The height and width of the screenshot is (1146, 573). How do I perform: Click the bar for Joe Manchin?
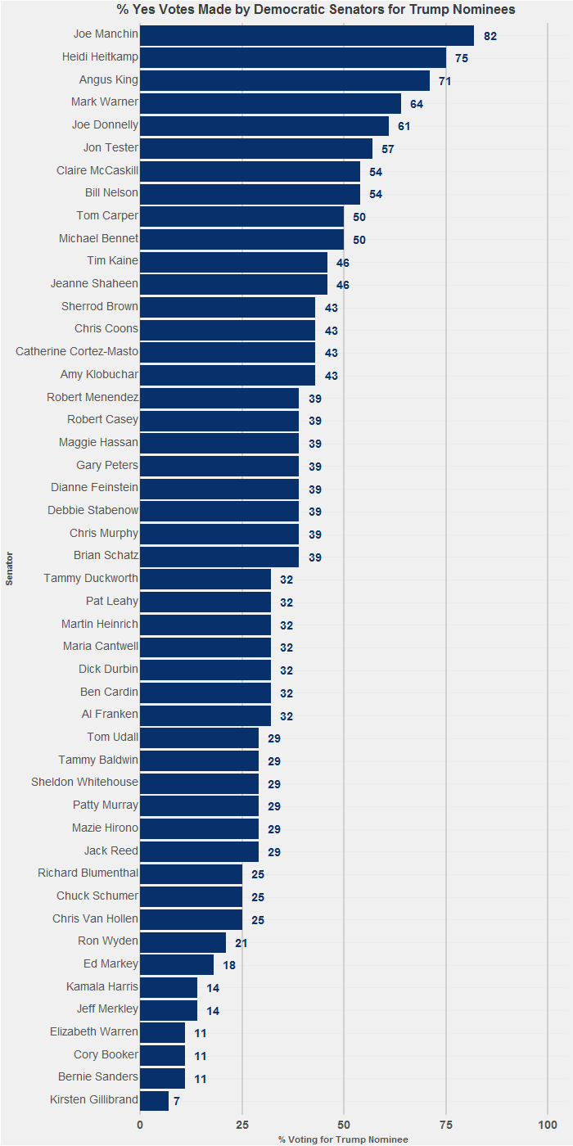pos(307,35)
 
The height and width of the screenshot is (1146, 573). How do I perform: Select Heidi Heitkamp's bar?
pos(293,57)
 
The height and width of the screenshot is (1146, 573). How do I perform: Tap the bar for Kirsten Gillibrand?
pos(155,1100)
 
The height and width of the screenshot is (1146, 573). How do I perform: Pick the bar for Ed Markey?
pos(177,964)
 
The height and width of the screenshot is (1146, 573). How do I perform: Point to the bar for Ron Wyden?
pos(183,941)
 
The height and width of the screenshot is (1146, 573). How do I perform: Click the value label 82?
pos(490,37)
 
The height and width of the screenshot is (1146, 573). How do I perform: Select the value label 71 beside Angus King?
pos(444,82)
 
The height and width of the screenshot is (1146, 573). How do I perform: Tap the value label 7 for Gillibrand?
pos(176,1102)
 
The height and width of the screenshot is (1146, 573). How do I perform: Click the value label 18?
pos(229,966)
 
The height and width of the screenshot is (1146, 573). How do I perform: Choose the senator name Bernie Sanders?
pos(98,1077)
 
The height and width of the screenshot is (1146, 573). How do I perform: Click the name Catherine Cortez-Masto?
pos(77,351)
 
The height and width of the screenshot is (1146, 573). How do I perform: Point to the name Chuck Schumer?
pos(97,896)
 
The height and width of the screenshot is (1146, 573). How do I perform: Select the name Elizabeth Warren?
pos(94,1032)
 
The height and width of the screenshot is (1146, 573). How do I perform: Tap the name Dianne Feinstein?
pos(94,488)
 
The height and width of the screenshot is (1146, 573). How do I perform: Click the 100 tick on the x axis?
pos(547,1125)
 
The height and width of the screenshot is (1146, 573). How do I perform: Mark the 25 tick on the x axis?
pos(241,1125)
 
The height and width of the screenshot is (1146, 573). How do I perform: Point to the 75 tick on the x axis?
pos(445,1125)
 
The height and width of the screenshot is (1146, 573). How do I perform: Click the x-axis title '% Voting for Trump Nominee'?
pos(343,1139)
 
